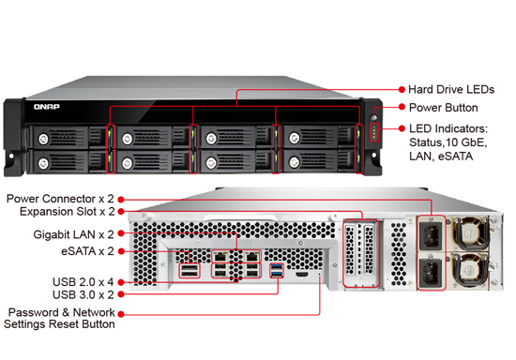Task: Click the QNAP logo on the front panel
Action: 47,107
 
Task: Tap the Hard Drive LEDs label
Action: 451,89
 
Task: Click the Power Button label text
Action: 443,108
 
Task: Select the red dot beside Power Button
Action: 402,107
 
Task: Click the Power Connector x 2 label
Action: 60,199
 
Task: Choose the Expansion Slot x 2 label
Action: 68,211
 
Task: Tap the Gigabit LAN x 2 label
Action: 74,234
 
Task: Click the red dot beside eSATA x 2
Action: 121,251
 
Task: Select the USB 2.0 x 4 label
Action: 83,282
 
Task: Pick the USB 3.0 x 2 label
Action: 83,294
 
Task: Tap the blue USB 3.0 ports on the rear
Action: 277,270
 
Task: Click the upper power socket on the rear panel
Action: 431,234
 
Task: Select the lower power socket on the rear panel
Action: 431,271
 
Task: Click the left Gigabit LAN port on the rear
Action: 220,256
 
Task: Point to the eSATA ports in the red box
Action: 190,271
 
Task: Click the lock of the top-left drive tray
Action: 43,139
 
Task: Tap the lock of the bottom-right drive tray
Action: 295,162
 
